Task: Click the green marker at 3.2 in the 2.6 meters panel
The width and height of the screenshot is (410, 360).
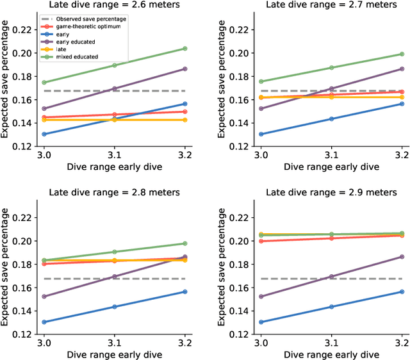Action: [x=184, y=49]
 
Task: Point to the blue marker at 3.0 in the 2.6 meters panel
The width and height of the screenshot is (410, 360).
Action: [x=44, y=134]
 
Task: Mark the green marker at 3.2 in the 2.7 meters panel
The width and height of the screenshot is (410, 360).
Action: [x=401, y=54]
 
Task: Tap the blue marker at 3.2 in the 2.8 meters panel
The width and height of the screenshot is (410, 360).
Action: [x=184, y=292]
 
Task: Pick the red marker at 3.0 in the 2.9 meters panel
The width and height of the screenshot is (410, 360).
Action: [x=261, y=241]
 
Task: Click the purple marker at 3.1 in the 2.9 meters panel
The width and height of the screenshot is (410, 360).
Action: [x=331, y=277]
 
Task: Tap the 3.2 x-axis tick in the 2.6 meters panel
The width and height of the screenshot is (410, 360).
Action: [x=184, y=155]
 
